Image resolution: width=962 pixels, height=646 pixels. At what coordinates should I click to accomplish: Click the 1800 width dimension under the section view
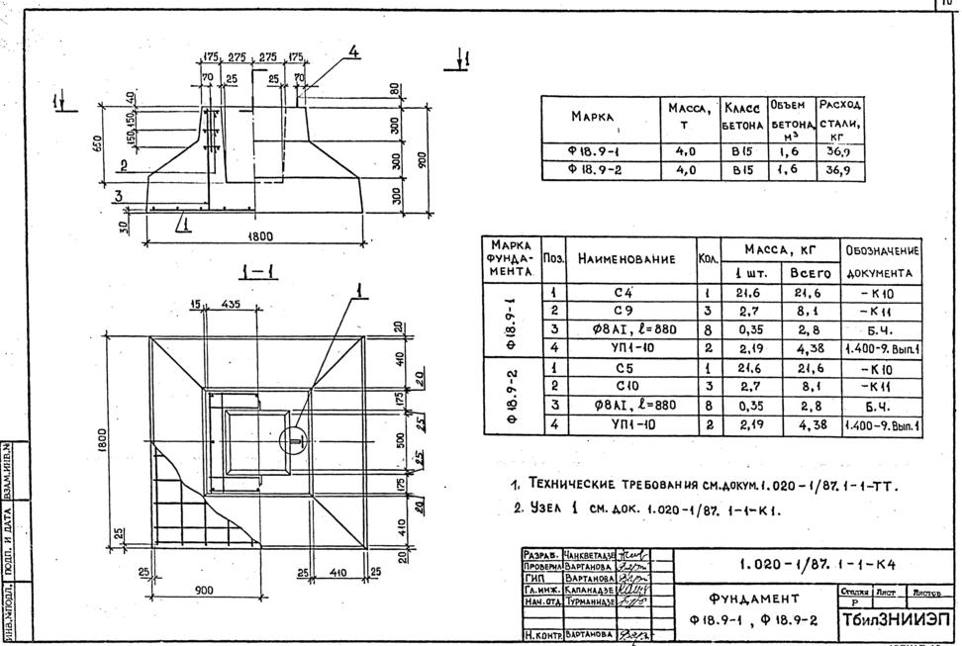[x=260, y=235]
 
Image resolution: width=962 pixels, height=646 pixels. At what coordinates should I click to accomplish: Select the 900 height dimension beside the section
[x=425, y=160]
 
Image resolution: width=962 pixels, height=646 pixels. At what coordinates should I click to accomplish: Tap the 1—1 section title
[x=256, y=270]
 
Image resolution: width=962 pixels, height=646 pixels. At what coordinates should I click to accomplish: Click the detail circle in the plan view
[x=294, y=439]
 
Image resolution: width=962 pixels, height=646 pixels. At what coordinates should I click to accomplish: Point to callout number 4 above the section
[x=352, y=51]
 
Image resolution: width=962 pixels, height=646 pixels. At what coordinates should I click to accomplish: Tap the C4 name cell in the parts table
[x=623, y=294]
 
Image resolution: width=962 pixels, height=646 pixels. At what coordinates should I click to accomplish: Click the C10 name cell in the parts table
[x=623, y=386]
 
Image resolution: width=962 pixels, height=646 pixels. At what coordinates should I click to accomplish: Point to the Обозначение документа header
[x=881, y=261]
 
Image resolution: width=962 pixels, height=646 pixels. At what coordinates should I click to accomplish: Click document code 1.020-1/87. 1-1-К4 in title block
[x=804, y=565]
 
